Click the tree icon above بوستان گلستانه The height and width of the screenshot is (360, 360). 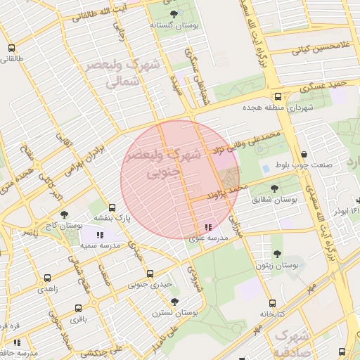tap(174, 14)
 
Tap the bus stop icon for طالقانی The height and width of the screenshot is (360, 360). tap(11, 49)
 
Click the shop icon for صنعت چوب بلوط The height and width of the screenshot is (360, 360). tap(303, 155)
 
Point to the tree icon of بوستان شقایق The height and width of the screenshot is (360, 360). tap(274, 188)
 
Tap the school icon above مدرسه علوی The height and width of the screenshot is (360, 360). tap(208, 227)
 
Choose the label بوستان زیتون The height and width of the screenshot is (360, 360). tap(277, 266)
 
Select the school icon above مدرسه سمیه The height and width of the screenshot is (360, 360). tap(100, 235)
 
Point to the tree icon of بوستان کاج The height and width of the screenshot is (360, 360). tap(65, 214)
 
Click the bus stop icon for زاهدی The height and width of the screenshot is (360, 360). tap(47, 278)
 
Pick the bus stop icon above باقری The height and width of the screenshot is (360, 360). tap(77, 308)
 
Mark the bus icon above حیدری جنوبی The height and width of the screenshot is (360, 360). tap(149, 274)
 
